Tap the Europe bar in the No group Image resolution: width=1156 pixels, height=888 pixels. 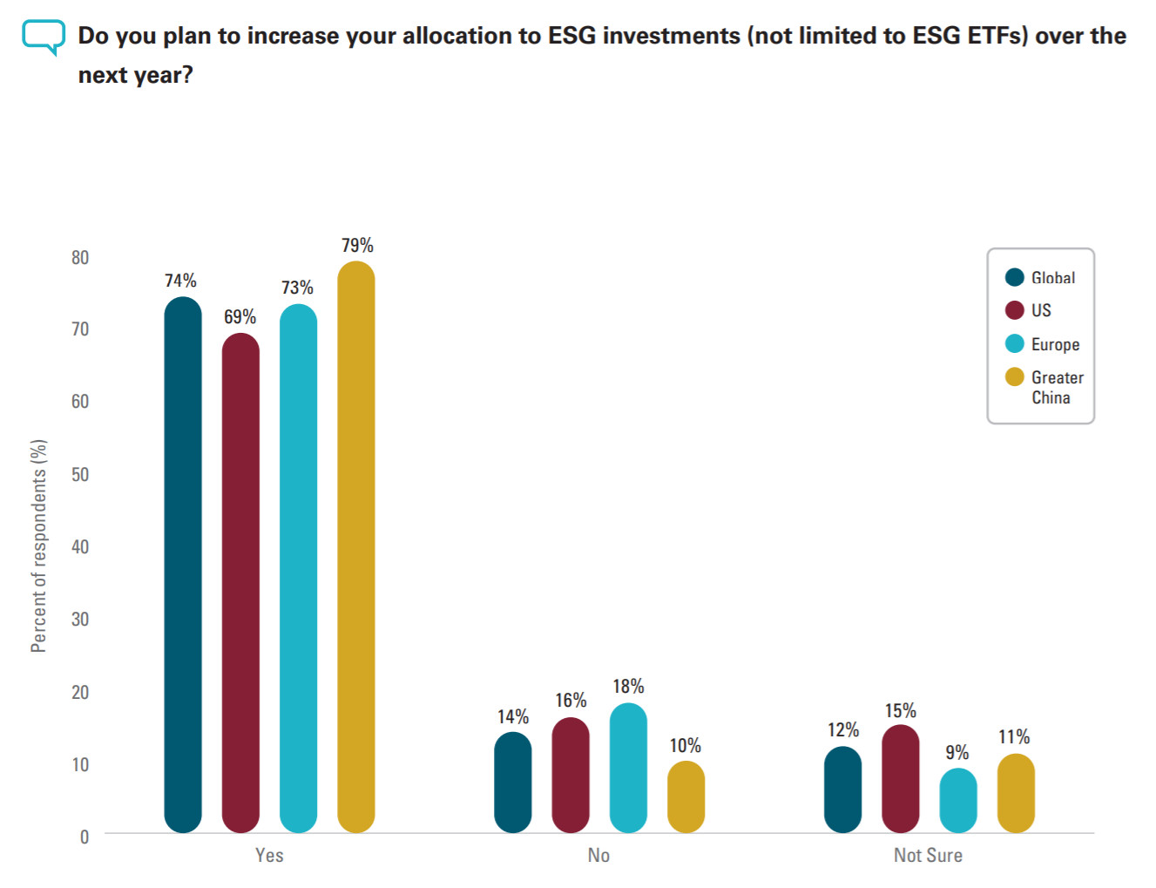(x=628, y=768)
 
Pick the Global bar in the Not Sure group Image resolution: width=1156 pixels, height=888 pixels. (x=842, y=790)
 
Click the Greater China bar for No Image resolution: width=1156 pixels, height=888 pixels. (x=686, y=796)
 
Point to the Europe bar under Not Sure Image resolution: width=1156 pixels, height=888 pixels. (x=957, y=800)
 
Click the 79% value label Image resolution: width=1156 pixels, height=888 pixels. (x=357, y=246)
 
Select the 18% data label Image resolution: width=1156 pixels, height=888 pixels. (x=628, y=687)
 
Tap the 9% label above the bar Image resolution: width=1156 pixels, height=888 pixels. (x=957, y=752)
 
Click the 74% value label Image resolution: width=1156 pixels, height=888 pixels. (x=180, y=281)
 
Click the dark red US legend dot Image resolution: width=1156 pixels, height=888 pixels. (x=1014, y=310)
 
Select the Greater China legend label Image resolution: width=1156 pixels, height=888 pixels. (x=1057, y=387)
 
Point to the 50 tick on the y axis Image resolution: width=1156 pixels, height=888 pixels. (x=80, y=474)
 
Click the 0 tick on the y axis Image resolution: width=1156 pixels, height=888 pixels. (x=85, y=837)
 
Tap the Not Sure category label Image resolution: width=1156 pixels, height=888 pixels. (x=928, y=856)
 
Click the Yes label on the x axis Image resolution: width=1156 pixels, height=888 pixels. (x=269, y=856)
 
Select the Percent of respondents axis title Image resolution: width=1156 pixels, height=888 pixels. (x=38, y=546)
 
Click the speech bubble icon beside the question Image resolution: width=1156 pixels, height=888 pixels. (x=44, y=37)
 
